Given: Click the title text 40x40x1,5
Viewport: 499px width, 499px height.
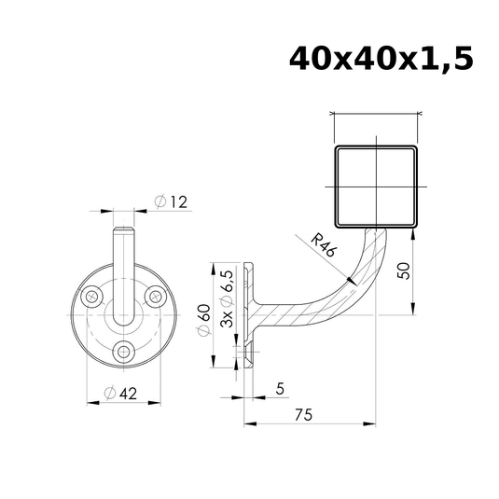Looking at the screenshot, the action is click(381, 60).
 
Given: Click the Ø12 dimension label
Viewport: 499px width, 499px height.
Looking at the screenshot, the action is click(171, 201).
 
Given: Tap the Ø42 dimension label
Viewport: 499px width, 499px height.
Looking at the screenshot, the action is click(120, 394).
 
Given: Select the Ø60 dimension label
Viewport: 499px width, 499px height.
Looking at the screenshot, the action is click(204, 320).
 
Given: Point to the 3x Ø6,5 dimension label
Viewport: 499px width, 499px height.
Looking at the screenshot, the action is click(227, 299).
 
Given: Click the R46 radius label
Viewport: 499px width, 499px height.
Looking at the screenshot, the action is click(323, 245).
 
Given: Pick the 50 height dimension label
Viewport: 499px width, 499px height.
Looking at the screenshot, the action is click(404, 270).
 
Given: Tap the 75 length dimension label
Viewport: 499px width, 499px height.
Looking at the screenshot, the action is click(304, 415).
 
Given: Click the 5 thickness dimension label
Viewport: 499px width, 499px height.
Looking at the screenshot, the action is click(280, 389).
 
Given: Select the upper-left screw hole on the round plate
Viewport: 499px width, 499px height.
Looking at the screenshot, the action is click(92, 297).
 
